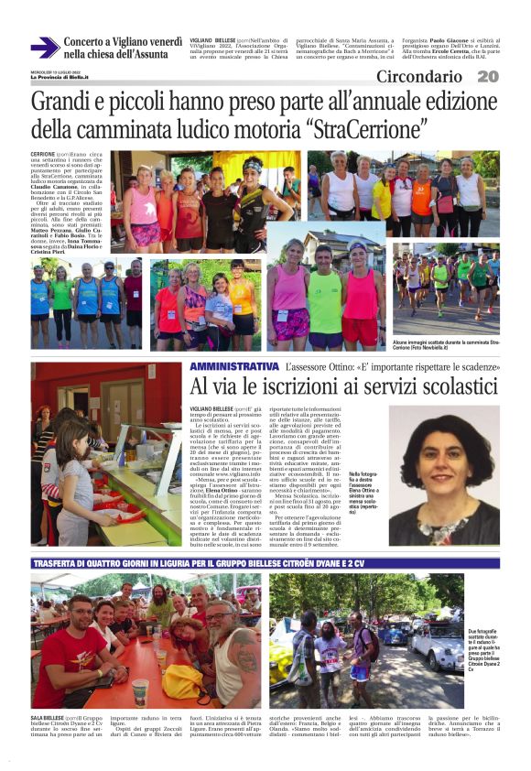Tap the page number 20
(488, 77)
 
